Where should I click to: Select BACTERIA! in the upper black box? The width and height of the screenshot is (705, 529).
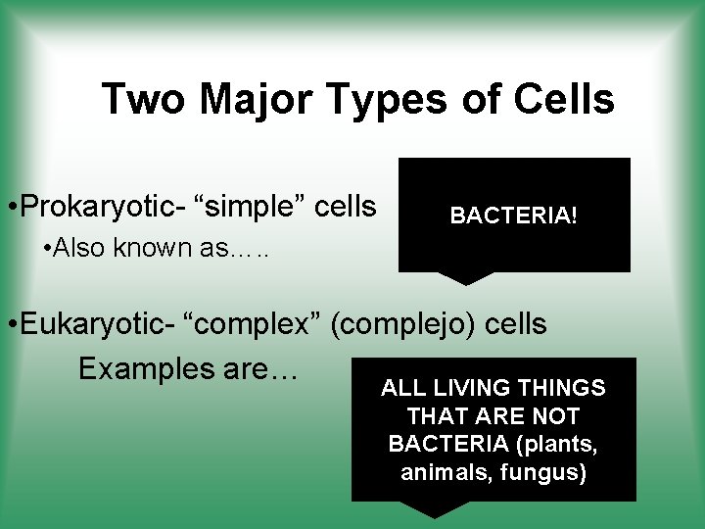[513, 215]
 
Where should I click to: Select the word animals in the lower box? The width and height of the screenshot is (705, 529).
[438, 473]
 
